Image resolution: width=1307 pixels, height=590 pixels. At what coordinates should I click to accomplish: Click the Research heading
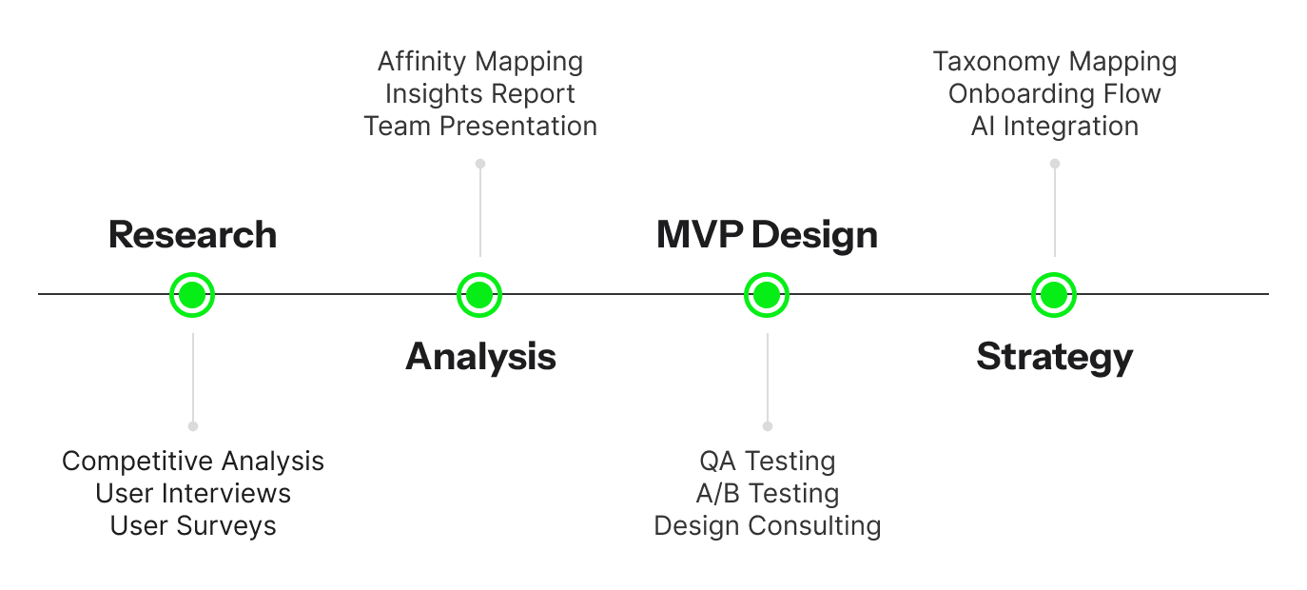coord(192,235)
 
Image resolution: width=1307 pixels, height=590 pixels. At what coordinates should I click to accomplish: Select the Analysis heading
coord(480,357)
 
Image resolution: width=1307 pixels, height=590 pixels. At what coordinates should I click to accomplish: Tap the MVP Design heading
coord(767,235)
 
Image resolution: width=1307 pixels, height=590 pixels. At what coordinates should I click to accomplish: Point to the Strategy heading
coord(1054,357)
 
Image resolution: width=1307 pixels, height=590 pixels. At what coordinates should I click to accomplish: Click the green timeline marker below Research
coord(192,295)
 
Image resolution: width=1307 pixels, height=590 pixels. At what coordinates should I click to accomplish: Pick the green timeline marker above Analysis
coord(479,295)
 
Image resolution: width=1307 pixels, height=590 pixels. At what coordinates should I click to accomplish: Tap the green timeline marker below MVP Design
coord(767,295)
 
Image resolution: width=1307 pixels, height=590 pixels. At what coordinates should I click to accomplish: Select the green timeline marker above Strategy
coord(1054,295)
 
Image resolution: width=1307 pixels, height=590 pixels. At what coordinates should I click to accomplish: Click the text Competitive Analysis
coord(193,461)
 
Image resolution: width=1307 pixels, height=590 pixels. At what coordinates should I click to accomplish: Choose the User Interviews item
coord(193,493)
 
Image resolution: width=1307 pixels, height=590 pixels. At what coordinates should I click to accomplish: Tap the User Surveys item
coord(193,526)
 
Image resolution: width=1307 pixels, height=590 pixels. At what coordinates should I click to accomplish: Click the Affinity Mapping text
coord(480,62)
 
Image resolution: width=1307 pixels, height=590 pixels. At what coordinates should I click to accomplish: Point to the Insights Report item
coord(480,94)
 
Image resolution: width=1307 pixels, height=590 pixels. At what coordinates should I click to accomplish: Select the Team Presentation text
coord(480,126)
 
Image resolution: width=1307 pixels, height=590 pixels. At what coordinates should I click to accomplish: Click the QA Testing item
coord(768,461)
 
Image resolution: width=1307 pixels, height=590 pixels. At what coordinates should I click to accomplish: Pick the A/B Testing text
coord(768,494)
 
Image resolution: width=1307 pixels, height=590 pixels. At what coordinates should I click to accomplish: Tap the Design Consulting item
coord(768,526)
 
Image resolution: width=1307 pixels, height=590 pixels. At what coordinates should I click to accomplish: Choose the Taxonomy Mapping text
coord(1055,62)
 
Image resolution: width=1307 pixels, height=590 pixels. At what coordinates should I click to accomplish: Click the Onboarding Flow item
coord(1055,94)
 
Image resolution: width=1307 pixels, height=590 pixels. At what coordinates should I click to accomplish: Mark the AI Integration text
coord(1055,126)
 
